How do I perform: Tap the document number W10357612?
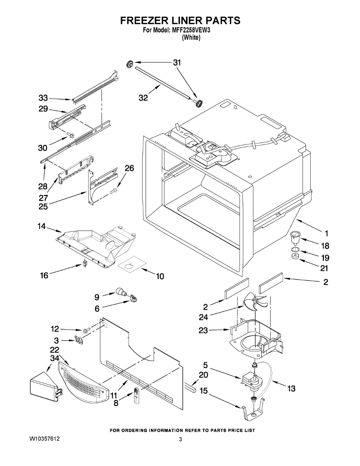44,439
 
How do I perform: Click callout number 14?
42,226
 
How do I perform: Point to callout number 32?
143,98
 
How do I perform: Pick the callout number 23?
203,330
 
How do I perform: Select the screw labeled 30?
70,135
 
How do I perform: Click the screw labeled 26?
113,191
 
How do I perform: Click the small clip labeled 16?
85,263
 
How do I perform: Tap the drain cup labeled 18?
294,237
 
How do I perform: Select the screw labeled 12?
85,330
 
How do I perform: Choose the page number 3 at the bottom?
181,440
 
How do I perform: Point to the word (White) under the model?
191,38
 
